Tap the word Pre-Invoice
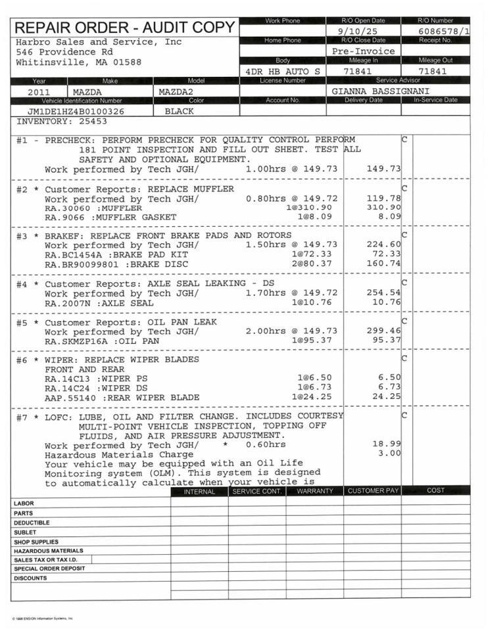(x=364, y=51)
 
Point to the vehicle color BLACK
(x=179, y=111)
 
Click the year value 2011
(x=39, y=92)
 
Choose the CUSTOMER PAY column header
(x=373, y=491)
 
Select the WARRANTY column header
(x=315, y=491)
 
